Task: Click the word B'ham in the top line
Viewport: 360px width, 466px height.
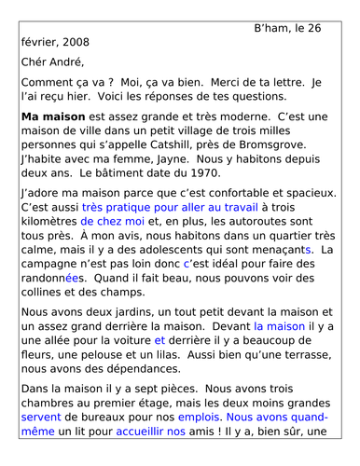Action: [271, 28]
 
